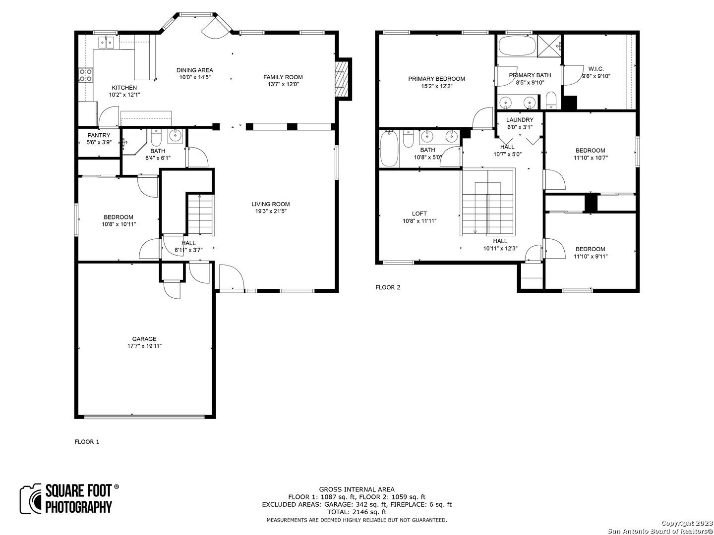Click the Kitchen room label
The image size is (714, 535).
pos(124,88)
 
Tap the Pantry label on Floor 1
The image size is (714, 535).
pos(99,135)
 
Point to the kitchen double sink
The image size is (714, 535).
pos(106,42)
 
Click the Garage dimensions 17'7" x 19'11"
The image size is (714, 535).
pos(144,346)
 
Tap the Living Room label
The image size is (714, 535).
pos(270,204)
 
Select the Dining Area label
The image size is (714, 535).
pos(195,70)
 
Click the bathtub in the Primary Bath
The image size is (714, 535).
pos(517,45)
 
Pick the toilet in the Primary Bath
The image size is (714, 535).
pos(551,101)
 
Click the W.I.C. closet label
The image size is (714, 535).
pos(596,69)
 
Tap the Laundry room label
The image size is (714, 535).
pos(520,120)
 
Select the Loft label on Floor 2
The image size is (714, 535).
pos(419,214)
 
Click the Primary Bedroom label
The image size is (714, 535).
pos(436,79)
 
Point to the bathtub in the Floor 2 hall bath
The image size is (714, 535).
pos(389,149)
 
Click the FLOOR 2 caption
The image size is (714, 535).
pos(388,287)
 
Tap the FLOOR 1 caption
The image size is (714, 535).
pos(87,442)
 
